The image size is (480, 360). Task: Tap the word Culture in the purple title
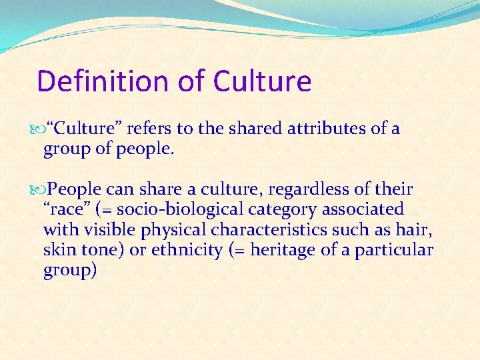(x=262, y=81)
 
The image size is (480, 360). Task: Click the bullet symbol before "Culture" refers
(x=43, y=129)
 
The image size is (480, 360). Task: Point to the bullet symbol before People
(x=43, y=189)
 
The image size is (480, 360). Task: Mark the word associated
(x=363, y=209)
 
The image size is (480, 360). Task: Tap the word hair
(x=418, y=229)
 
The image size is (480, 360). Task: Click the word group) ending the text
(x=70, y=271)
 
